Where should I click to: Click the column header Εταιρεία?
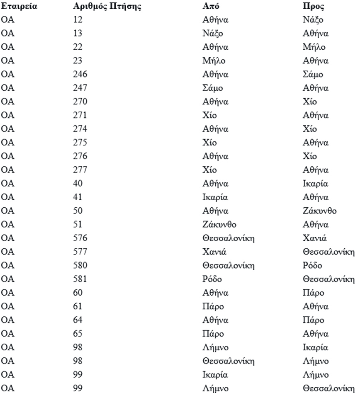[19, 7]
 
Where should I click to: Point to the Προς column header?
[314, 7]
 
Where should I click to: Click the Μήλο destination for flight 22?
[314, 47]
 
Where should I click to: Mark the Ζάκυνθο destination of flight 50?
[320, 211]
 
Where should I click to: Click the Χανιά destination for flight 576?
[314, 238]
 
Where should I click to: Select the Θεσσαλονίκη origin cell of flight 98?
[228, 361]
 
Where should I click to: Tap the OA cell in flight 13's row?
[8, 34]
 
